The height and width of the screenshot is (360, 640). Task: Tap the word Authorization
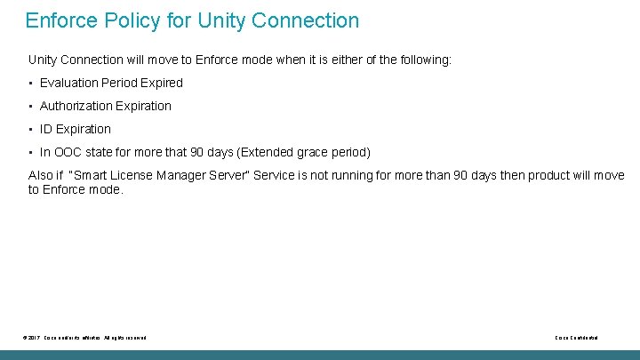(x=77, y=106)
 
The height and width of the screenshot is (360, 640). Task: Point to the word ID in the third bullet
(x=47, y=129)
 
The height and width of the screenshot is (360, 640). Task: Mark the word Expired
(x=160, y=83)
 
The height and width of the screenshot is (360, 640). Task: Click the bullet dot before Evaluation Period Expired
(x=31, y=84)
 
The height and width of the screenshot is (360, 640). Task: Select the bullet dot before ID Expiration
(x=31, y=130)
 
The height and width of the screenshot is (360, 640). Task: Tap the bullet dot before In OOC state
(x=31, y=153)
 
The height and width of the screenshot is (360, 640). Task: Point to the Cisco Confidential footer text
(x=576, y=338)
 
